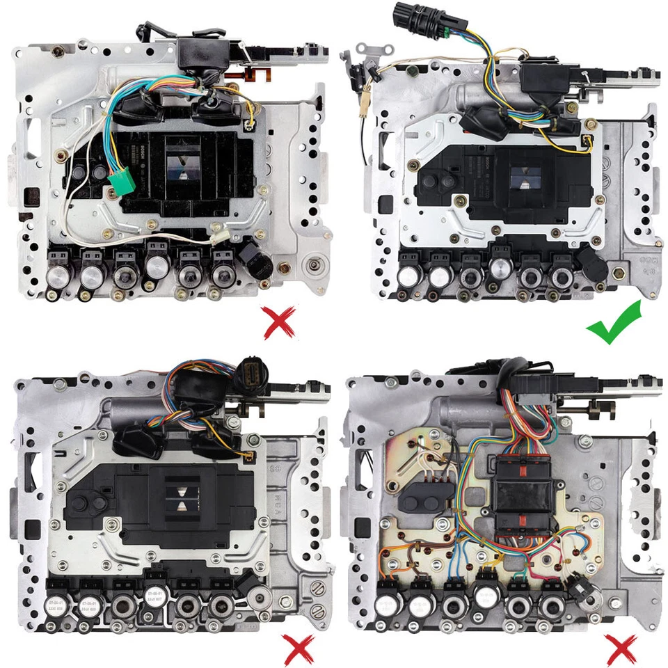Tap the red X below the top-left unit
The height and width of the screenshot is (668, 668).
coord(279,323)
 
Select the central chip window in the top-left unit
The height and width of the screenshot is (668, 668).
coord(182,168)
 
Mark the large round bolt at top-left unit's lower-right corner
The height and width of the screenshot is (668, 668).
coord(315,265)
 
